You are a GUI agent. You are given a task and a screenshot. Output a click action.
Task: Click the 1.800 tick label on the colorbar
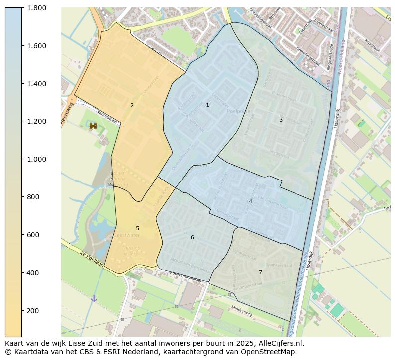point(37,8)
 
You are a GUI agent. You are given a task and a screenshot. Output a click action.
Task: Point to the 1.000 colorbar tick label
point(37,159)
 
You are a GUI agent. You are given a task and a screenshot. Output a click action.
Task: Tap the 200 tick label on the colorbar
point(33,311)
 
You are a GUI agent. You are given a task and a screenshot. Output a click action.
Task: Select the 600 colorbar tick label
point(33,235)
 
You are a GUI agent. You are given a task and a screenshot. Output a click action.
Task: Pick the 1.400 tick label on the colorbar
point(37,84)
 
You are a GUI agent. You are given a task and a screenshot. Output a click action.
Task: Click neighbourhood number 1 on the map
point(207,105)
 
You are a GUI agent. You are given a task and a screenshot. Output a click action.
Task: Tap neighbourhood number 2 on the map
point(132,105)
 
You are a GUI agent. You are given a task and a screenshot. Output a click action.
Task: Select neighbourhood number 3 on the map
point(281,120)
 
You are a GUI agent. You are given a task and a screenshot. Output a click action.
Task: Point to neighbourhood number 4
point(250,201)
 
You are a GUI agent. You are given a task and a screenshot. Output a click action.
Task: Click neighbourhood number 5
point(137,229)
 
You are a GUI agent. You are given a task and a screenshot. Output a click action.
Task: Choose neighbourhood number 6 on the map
point(192,237)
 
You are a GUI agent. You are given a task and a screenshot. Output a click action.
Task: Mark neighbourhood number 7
point(260,272)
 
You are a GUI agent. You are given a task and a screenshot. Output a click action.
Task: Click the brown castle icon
point(93,126)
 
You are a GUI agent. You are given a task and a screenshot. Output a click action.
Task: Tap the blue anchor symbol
point(94,298)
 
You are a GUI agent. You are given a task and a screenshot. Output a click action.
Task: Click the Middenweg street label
point(242,311)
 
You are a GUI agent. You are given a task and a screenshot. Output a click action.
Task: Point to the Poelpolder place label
point(237,111)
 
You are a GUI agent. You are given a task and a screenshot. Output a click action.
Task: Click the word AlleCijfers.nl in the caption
point(281,343)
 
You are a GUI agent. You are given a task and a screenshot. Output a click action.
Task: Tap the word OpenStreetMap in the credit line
point(272,352)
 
